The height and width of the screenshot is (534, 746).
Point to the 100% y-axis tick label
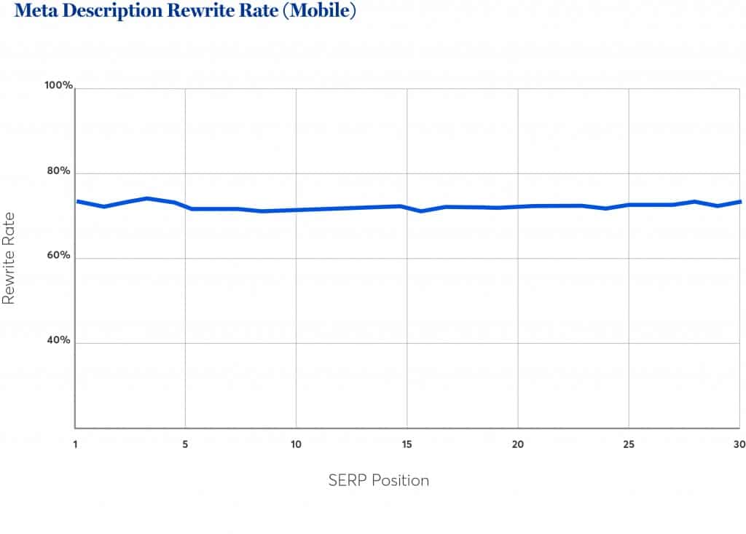58,86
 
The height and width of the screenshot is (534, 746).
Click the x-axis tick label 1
75,444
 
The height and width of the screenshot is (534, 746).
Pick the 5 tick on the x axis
186,444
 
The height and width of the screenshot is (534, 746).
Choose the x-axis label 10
296,444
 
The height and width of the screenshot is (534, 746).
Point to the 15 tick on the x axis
407,444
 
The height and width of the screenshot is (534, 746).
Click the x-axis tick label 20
517,444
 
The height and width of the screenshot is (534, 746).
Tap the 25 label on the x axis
628,444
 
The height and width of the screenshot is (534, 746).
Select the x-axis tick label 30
737,444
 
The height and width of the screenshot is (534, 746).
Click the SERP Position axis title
378,480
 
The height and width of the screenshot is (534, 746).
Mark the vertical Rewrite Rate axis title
9,258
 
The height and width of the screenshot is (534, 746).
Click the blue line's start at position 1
77,201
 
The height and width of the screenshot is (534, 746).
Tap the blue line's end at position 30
739,202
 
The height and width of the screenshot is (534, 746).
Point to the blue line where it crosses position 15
407,207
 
